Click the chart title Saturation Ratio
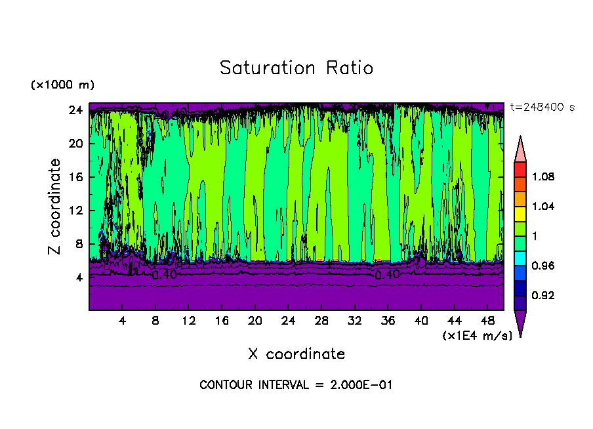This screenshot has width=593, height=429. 296,68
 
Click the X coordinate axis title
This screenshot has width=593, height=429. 296,354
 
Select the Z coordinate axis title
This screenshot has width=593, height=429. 55,207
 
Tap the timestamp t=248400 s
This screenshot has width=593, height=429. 542,108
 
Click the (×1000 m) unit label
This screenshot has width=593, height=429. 62,85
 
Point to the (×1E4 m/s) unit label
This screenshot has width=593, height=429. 477,336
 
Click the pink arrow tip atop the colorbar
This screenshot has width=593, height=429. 520,149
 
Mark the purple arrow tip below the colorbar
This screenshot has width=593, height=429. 520,323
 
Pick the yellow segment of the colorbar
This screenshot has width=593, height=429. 520,213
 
